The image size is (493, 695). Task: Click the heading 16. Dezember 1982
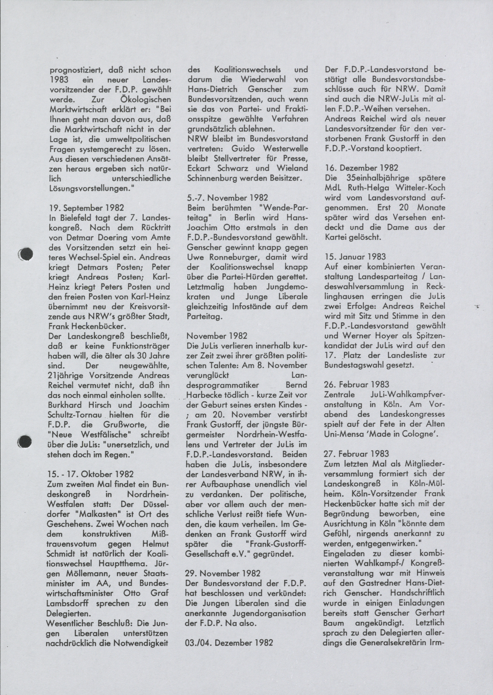click(x=362, y=168)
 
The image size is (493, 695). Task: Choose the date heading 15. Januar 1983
click(x=355, y=257)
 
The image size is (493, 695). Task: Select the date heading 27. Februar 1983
click(x=357, y=454)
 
